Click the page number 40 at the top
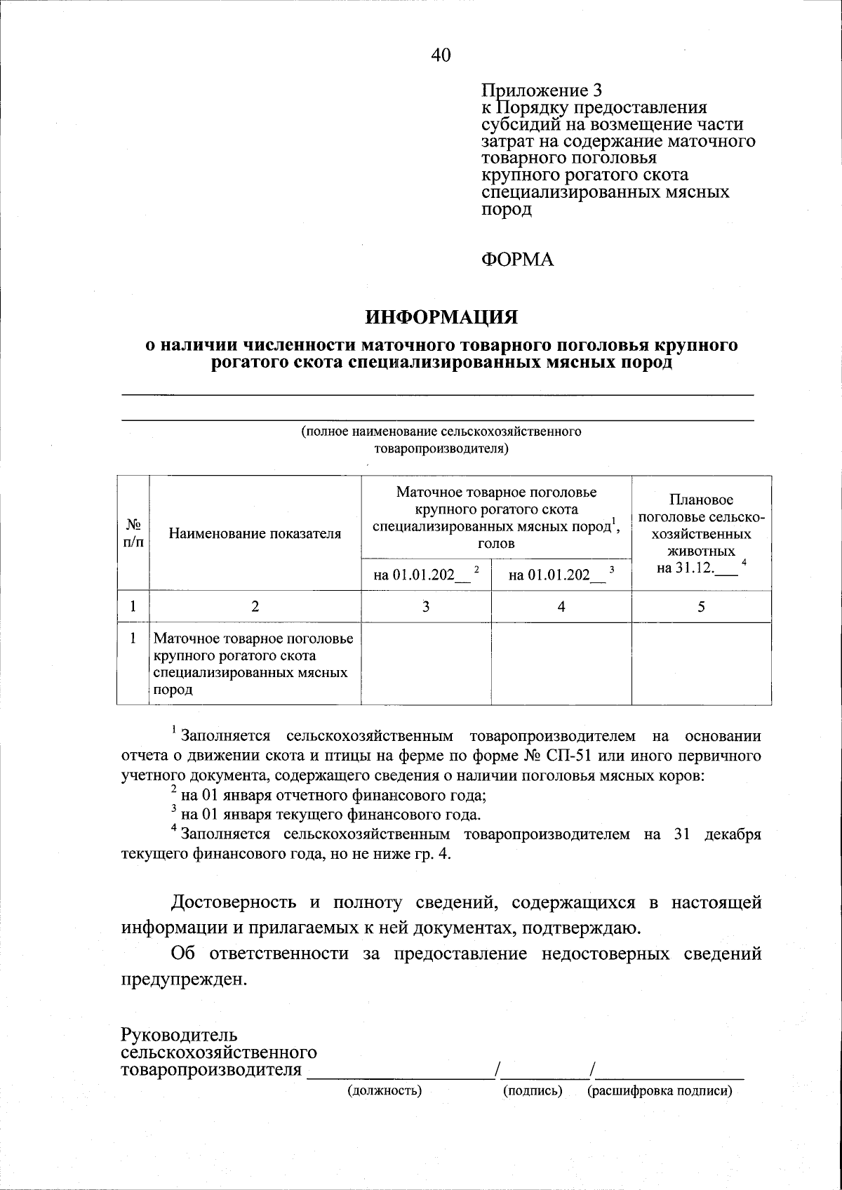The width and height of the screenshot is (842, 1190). tap(441, 56)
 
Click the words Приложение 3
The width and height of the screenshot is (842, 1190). tap(542, 91)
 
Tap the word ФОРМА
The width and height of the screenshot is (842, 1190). tap(518, 260)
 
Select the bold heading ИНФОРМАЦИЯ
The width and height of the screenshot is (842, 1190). tap(441, 317)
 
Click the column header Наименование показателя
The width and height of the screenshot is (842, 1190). tap(255, 533)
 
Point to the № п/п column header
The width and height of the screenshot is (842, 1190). tap(133, 533)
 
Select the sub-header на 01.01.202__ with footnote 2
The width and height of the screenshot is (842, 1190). tap(426, 575)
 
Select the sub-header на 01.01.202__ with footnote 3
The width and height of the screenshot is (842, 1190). tap(561, 575)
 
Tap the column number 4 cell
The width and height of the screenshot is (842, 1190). tap(561, 607)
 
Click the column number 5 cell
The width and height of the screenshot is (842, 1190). tap(701, 607)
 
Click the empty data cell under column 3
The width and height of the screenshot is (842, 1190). tap(426, 664)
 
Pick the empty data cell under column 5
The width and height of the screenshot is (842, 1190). tap(701, 664)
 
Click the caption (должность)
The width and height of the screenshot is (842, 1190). tap(385, 1091)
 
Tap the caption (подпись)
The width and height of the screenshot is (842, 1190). tap(533, 1091)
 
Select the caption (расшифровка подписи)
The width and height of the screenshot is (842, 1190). tap(660, 1091)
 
